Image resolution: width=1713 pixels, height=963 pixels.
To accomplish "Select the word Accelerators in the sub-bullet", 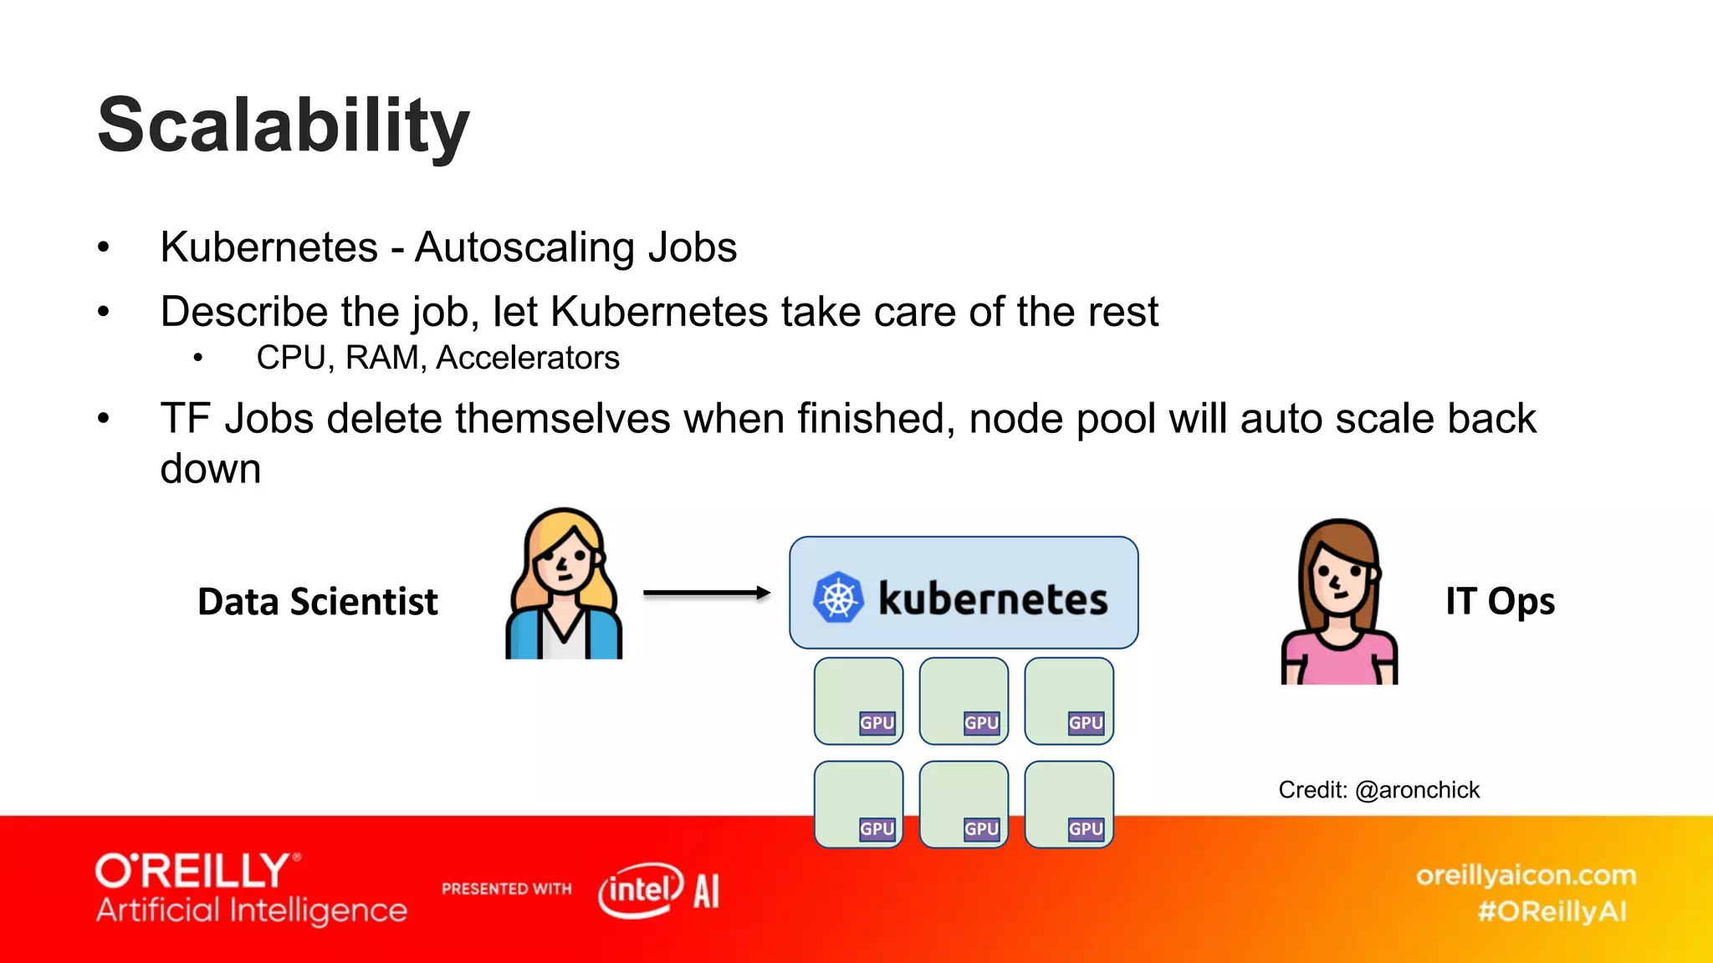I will point(528,358).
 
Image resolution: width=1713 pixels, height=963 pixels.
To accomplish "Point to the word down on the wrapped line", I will point(211,468).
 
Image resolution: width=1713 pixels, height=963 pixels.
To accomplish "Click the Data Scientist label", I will point(317,601).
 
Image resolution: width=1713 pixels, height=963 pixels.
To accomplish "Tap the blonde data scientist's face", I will point(565,564).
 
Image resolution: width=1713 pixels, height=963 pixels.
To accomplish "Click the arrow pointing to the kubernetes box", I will point(707,593).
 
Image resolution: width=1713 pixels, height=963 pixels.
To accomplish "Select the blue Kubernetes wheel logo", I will point(837,597).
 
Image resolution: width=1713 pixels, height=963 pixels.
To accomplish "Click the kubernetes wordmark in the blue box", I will point(993,599).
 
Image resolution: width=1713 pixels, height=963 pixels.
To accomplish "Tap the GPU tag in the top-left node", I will point(877,723).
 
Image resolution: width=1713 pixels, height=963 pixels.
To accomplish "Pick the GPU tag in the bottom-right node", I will point(1086,828).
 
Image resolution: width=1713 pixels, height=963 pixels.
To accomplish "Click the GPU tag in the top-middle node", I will point(981,723).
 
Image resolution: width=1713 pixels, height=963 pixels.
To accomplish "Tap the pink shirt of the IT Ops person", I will point(1338,660).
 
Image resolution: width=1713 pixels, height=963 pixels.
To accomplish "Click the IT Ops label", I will point(1500,601).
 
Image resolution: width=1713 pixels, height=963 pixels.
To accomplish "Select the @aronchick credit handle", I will point(1417,790).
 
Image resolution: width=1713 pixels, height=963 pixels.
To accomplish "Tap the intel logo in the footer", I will point(640,889).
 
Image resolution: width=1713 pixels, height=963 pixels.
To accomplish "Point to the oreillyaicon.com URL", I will point(1526,875).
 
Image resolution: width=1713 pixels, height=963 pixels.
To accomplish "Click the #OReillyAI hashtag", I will point(1552,911).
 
